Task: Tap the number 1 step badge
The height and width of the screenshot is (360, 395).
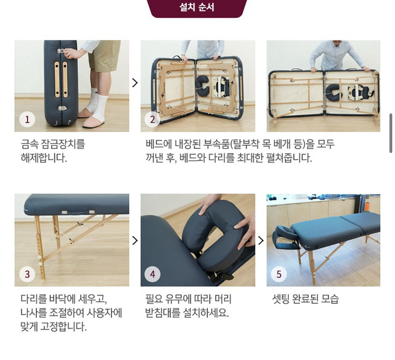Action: coord(27,120)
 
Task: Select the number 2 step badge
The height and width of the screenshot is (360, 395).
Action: coord(153,120)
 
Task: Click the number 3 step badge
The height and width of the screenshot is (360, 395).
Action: coord(27,275)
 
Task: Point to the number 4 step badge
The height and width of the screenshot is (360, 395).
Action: coord(153,275)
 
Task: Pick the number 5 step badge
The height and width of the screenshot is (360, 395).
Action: coord(279,275)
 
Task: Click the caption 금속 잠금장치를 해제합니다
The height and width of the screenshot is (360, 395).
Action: coord(53,151)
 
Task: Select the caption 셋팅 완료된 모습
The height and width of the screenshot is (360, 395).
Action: coord(305,300)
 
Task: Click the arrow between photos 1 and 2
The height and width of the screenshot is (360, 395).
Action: coord(135,83)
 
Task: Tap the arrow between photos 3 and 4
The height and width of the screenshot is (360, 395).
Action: coord(135,240)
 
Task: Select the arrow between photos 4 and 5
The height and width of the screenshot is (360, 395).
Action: coord(261,240)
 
